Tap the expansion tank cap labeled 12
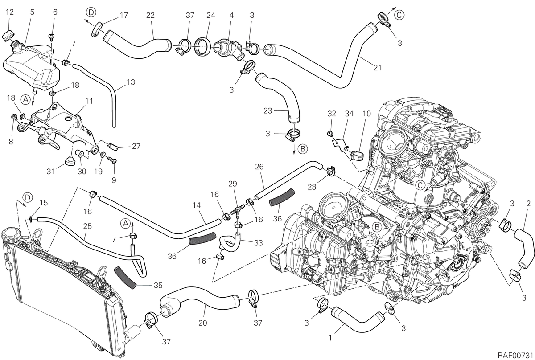(8, 36)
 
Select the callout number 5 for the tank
(32, 12)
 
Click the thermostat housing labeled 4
(229, 48)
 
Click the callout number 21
(377, 68)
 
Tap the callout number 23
(268, 111)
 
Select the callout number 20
(202, 323)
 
